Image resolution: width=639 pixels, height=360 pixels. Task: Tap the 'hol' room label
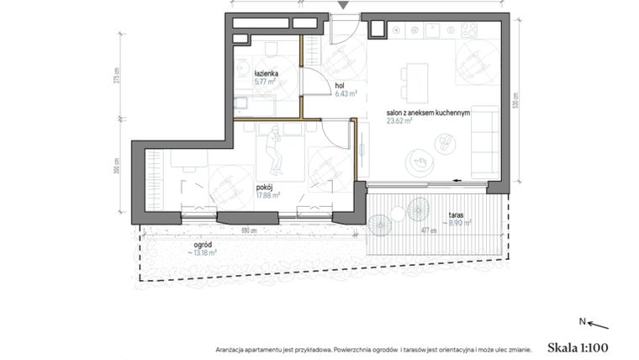click(x=340, y=86)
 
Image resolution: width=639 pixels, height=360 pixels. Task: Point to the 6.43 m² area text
click(x=346, y=94)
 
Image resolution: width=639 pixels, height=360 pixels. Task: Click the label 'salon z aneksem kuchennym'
click(x=427, y=112)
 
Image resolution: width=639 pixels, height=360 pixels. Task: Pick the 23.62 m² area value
click(x=399, y=120)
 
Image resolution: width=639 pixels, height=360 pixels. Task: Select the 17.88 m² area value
click(x=268, y=196)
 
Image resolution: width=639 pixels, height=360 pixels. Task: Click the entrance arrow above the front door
click(x=341, y=7)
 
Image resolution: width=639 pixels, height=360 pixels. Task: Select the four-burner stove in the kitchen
click(x=468, y=30)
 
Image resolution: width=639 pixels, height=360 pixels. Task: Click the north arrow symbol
click(x=598, y=324)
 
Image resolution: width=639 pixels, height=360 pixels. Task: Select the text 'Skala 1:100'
click(x=577, y=346)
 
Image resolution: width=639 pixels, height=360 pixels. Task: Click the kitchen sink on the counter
click(x=417, y=30)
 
